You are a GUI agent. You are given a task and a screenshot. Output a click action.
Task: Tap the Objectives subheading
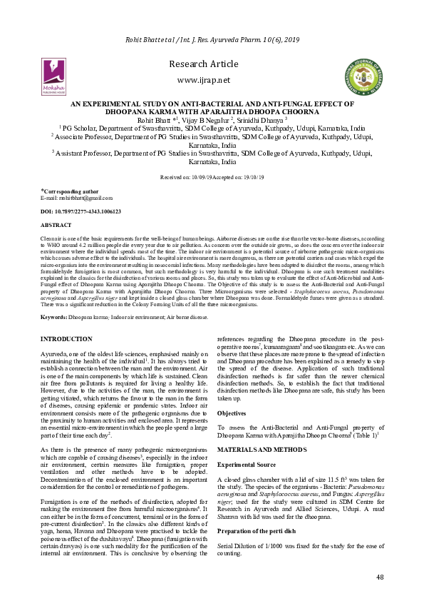click(x=232, y=413)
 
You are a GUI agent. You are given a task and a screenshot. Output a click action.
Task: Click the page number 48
click(x=380, y=577)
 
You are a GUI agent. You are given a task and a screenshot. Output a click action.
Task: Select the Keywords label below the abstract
click(x=54, y=315)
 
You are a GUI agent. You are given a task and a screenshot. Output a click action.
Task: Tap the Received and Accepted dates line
click(x=212, y=175)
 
